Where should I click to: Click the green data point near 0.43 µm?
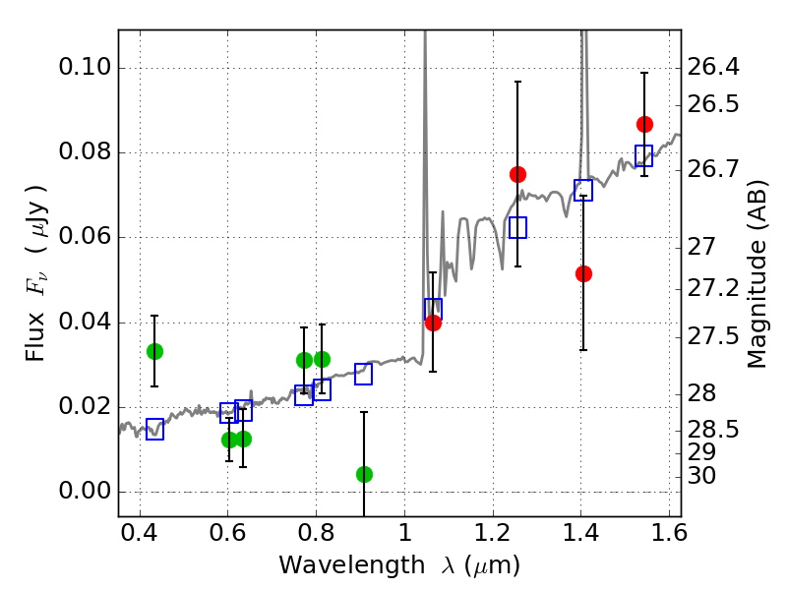(155, 352)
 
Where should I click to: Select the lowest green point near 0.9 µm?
(364, 474)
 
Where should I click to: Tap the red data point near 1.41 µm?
(583, 274)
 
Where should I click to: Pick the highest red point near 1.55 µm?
(645, 125)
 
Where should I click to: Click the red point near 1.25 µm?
(518, 175)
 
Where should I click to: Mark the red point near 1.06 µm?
(433, 324)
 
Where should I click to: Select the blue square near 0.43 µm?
(155, 430)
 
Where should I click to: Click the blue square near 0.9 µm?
(363, 375)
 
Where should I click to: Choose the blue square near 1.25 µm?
(518, 228)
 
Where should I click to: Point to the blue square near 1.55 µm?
(644, 155)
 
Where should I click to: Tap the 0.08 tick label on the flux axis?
(85, 151)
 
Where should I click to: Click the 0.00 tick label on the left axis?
(85, 491)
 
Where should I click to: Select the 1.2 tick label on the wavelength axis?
(493, 533)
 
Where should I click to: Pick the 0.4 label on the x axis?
(139, 533)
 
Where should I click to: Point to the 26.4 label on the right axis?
(712, 67)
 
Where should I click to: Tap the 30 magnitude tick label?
(701, 476)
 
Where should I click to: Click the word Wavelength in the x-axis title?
(352, 565)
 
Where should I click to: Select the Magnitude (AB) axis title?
(757, 274)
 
